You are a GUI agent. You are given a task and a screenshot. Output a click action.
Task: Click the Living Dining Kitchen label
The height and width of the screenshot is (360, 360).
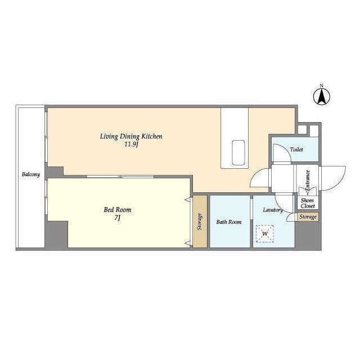point(131,136)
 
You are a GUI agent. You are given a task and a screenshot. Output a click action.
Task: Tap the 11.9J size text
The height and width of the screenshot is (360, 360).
point(131,145)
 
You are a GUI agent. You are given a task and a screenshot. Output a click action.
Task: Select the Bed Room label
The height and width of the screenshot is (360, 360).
point(118,210)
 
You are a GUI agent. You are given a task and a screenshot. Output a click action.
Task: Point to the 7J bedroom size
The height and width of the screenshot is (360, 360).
point(118,218)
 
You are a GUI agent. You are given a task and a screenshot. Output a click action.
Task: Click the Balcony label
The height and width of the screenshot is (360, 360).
point(31,174)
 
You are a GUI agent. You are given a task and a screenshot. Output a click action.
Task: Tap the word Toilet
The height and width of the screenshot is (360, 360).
point(296,150)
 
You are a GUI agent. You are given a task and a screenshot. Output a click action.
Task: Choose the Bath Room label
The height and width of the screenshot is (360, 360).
point(229,222)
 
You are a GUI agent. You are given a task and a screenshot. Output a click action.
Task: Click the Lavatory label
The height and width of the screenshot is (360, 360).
point(273,210)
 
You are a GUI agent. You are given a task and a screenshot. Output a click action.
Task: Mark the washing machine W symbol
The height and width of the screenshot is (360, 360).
point(265,234)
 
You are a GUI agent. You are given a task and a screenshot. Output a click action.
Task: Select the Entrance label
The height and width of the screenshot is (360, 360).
point(308,180)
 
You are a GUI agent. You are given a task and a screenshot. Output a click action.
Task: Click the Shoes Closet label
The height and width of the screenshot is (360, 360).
point(308,203)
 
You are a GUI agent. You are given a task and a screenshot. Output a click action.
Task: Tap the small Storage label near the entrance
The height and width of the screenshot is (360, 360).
point(308,217)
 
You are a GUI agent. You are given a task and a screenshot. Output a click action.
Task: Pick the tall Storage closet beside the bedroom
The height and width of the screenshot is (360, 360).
point(200,221)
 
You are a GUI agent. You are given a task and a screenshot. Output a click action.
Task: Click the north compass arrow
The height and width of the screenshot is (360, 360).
point(322,96)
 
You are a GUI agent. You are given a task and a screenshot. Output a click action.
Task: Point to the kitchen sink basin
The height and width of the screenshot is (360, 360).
point(238,152)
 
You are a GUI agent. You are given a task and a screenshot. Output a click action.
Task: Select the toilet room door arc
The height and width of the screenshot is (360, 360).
point(286,148)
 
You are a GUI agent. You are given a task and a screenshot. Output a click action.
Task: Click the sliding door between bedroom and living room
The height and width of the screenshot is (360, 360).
point(120,177)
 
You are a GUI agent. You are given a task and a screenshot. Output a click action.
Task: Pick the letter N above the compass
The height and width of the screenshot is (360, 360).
point(322,86)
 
